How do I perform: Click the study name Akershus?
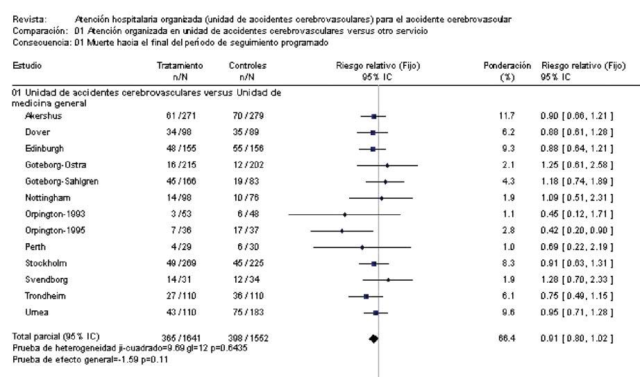click(38, 116)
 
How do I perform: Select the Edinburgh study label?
click(42, 149)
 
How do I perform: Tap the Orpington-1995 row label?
click(51, 231)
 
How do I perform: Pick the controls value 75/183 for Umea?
click(243, 313)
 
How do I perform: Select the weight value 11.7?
click(506, 116)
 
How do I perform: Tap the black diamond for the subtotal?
click(374, 338)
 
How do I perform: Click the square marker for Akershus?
click(373, 116)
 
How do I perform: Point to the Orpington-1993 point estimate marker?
click(345, 214)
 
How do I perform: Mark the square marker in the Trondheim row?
click(366, 296)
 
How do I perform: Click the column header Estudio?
click(27, 65)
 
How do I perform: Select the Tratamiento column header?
click(176, 65)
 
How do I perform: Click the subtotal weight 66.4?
click(506, 337)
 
